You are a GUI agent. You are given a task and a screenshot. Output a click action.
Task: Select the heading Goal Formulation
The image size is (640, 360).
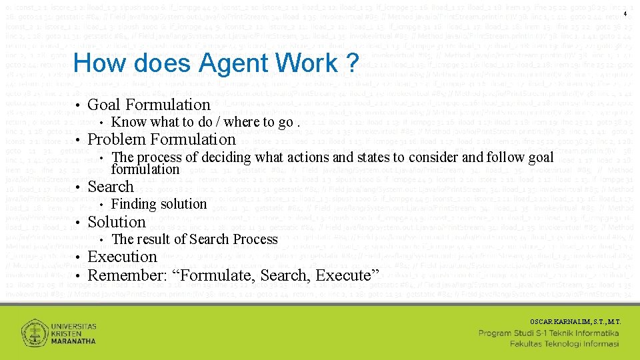[149, 105]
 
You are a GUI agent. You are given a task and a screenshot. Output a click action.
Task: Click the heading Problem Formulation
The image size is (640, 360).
[162, 139]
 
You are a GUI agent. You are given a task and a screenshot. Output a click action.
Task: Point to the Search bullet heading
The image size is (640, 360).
[111, 187]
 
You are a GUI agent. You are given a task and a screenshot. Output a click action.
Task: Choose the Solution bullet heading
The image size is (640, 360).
[117, 222]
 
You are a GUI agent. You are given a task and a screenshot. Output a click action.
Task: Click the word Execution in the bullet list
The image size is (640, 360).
[122, 257]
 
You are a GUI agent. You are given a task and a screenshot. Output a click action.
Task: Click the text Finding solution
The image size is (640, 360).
[159, 204]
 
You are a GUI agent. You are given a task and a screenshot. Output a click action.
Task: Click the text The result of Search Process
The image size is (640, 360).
[194, 239]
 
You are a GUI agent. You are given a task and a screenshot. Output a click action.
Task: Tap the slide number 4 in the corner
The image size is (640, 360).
[626, 14]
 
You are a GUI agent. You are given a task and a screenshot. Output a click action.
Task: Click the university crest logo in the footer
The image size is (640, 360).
[34, 333]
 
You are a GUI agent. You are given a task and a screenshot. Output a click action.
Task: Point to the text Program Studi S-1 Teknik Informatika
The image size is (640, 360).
[549, 332]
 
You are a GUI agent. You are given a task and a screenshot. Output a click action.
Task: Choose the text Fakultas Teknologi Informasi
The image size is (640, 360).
[565, 343]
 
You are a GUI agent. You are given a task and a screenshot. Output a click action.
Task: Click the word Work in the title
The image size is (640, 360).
[303, 63]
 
